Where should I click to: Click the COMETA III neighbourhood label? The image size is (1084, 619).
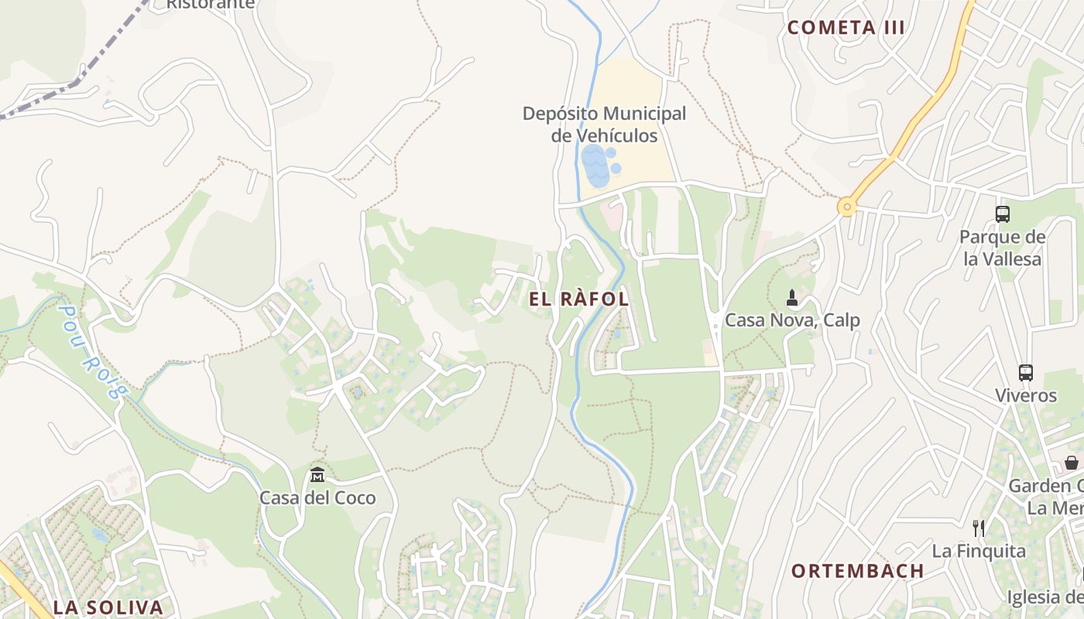846,28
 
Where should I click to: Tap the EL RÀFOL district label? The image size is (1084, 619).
579,299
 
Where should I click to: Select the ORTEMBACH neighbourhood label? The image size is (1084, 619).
857,571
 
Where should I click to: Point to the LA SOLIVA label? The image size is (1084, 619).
108,607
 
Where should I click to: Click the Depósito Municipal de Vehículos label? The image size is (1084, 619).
604,125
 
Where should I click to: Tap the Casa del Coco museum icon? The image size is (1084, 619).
317,474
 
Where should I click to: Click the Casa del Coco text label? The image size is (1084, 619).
317,498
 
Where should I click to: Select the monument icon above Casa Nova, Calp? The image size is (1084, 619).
792,297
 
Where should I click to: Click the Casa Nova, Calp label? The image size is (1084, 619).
792,320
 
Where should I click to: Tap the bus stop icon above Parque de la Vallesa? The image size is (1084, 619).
1003,214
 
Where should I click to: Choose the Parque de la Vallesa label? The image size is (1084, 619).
1003,248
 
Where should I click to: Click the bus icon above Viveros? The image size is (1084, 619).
1026,373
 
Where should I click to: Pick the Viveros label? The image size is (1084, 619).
1026,395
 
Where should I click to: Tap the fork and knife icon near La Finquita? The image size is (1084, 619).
979,528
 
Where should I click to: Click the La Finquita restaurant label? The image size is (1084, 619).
979,551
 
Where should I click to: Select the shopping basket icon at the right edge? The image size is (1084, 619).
1072,463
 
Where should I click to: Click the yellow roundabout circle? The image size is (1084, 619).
847,207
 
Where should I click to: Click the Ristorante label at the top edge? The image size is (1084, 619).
211,4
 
